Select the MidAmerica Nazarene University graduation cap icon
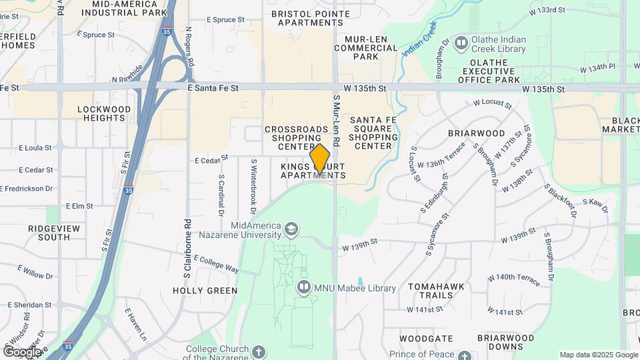click(x=291, y=230)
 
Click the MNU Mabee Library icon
click(x=303, y=287)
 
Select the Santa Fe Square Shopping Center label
click(x=373, y=132)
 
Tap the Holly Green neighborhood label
click(x=205, y=291)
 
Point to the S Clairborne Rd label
click(x=188, y=247)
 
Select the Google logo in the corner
click(x=21, y=351)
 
